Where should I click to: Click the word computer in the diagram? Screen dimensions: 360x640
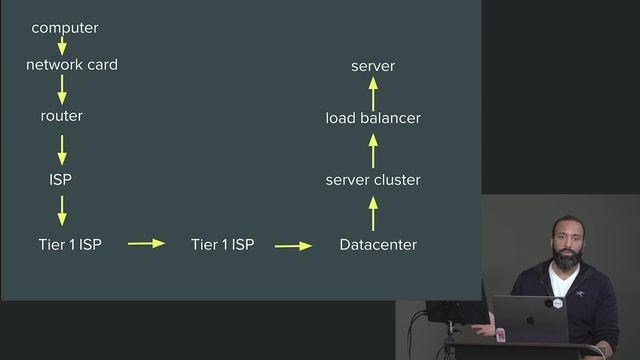(64, 28)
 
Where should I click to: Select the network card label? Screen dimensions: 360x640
(71, 65)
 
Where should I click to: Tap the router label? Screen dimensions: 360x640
(61, 116)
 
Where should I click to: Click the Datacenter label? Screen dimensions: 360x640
(378, 244)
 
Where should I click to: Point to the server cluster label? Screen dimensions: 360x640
(373, 180)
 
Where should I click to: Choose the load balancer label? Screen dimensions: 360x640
(373, 118)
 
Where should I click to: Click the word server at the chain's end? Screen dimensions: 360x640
(373, 66)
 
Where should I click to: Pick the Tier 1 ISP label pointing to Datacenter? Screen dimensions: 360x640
(222, 244)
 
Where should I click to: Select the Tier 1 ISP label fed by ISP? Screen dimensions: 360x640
(69, 244)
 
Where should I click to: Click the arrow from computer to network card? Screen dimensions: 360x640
(62, 45)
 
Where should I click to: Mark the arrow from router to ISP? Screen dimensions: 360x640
(62, 149)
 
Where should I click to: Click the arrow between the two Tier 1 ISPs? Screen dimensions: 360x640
(146, 243)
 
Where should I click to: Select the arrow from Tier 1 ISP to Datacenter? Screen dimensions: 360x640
(293, 244)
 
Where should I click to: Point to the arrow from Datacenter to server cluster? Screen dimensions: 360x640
(373, 213)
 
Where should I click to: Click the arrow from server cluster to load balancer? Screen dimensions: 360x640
(373, 150)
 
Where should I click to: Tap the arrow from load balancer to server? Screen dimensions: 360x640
(373, 92)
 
